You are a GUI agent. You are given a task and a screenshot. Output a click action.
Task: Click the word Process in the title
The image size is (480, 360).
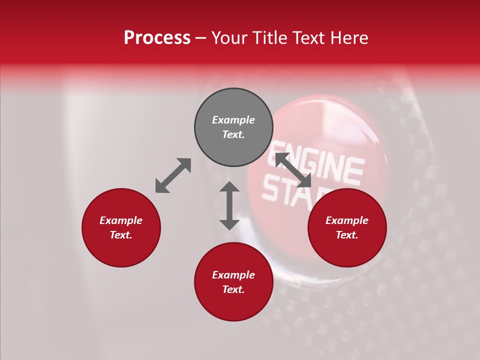tap(157, 38)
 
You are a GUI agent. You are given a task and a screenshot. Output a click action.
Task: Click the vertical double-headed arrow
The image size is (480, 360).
tap(229, 205)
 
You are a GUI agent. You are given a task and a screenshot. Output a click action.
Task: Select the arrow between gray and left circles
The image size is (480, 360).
tap(173, 175)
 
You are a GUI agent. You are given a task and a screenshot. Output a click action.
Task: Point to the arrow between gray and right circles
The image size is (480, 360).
tap(293, 170)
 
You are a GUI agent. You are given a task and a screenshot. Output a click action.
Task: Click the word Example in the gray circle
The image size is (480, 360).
tap(233, 120)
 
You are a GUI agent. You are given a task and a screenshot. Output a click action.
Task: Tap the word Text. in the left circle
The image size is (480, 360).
tap(121, 235)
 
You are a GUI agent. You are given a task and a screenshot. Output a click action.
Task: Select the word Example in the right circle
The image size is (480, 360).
tap(347, 220)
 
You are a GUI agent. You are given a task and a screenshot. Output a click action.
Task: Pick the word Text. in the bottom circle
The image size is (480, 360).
tap(233, 289)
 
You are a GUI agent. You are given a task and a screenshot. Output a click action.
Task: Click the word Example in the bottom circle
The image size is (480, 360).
tap(233, 275)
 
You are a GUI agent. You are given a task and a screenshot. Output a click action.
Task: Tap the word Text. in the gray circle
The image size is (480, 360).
tap(233, 134)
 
